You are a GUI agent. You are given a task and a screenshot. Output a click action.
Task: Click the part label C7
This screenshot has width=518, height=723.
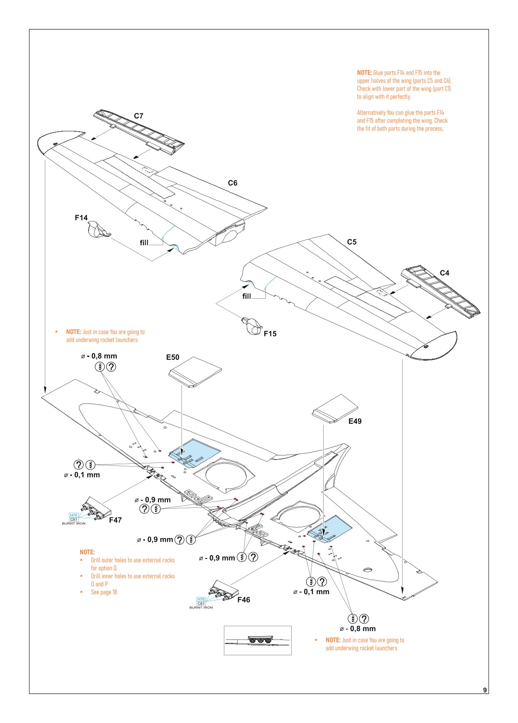[x=138, y=116]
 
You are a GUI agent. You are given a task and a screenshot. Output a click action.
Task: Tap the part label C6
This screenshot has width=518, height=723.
[x=233, y=183]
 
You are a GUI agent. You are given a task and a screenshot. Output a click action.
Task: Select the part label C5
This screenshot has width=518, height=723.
[x=352, y=242]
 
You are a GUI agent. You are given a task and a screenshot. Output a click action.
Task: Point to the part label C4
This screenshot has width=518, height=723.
[x=444, y=273]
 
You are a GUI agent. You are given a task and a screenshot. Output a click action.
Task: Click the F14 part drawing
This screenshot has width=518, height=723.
[x=98, y=229]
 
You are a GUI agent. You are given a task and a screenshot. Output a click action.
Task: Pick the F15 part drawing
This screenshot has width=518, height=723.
[x=252, y=326]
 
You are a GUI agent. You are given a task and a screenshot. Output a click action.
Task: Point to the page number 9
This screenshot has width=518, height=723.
[x=485, y=690]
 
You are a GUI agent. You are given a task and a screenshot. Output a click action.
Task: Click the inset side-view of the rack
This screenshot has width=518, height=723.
[x=258, y=640]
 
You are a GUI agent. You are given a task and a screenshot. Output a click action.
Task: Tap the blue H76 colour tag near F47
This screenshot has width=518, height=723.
[x=74, y=515]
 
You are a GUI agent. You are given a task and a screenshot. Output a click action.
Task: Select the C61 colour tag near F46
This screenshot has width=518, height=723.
[x=201, y=603]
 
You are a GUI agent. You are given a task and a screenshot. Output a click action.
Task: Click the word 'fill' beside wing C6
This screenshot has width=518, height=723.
[x=144, y=243]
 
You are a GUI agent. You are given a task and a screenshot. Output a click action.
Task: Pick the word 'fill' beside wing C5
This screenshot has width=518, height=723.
[x=247, y=296]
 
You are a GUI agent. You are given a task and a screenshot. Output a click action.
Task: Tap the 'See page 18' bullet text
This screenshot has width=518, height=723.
[x=104, y=592]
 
